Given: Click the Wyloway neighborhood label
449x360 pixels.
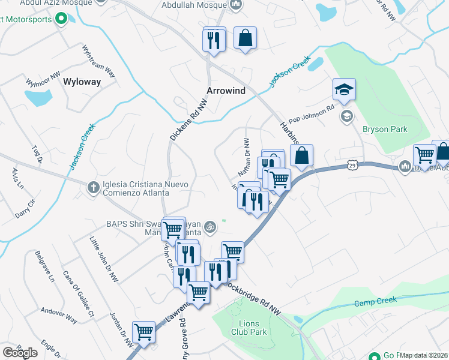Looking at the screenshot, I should [82, 82].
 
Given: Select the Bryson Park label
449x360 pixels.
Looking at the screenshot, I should [385, 129].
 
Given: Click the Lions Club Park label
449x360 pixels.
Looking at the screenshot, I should [249, 327].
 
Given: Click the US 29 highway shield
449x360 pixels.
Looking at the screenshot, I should [352, 164].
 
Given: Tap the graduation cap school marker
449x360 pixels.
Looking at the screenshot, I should [344, 90].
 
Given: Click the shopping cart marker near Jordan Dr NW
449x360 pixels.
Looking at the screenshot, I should [143, 332].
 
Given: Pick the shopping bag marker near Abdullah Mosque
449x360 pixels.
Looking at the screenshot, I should [245, 38].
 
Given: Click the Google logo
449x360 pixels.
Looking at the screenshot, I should [20, 353].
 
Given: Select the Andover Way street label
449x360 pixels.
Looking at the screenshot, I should [59, 315].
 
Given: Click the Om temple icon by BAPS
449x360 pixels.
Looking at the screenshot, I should [209, 227].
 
